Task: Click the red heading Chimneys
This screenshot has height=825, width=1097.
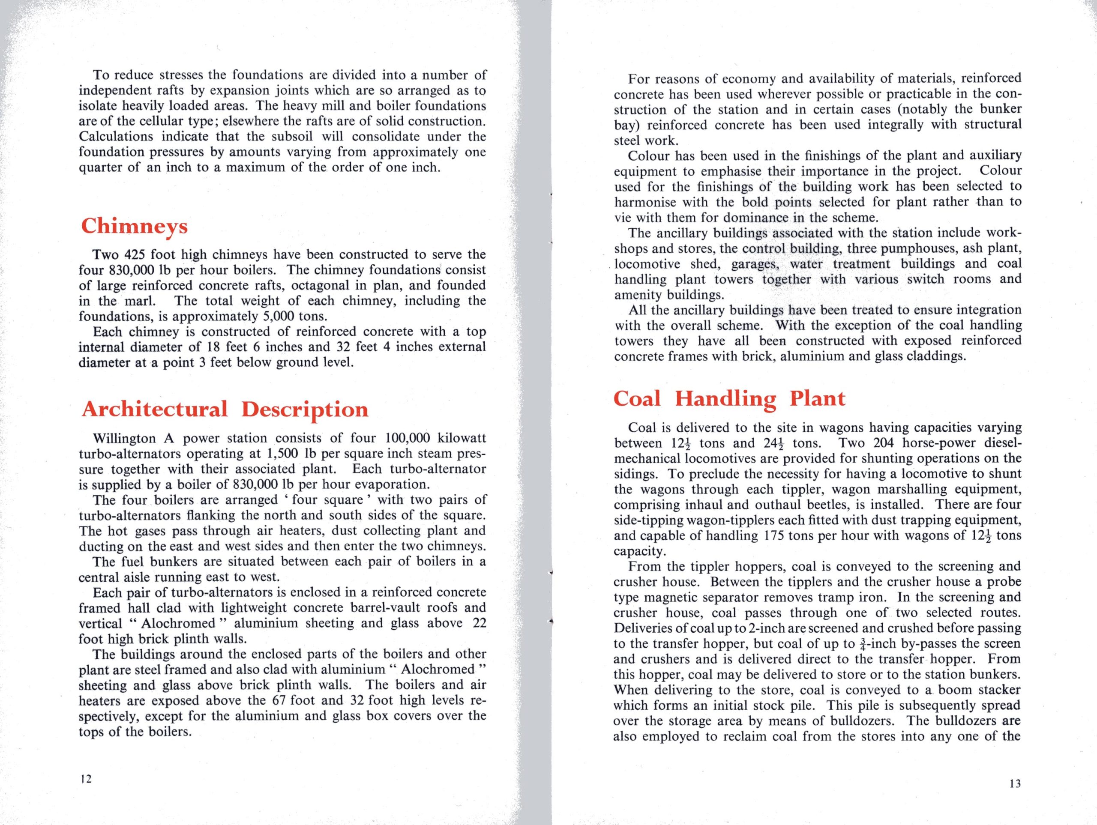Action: point(135,227)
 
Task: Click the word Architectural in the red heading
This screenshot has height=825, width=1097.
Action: point(155,410)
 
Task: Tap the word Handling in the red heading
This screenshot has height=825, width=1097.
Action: point(725,399)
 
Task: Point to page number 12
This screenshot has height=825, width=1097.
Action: point(86,779)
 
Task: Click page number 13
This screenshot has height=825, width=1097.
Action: point(1015,783)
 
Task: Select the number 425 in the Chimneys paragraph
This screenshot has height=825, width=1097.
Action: point(134,255)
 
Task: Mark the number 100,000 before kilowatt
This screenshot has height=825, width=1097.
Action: point(408,439)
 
